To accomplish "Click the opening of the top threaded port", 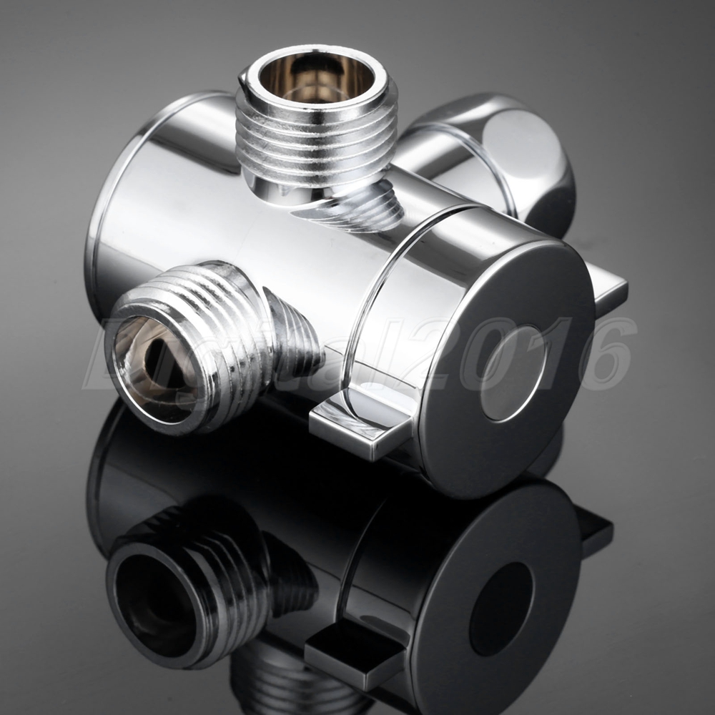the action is [316, 77].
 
